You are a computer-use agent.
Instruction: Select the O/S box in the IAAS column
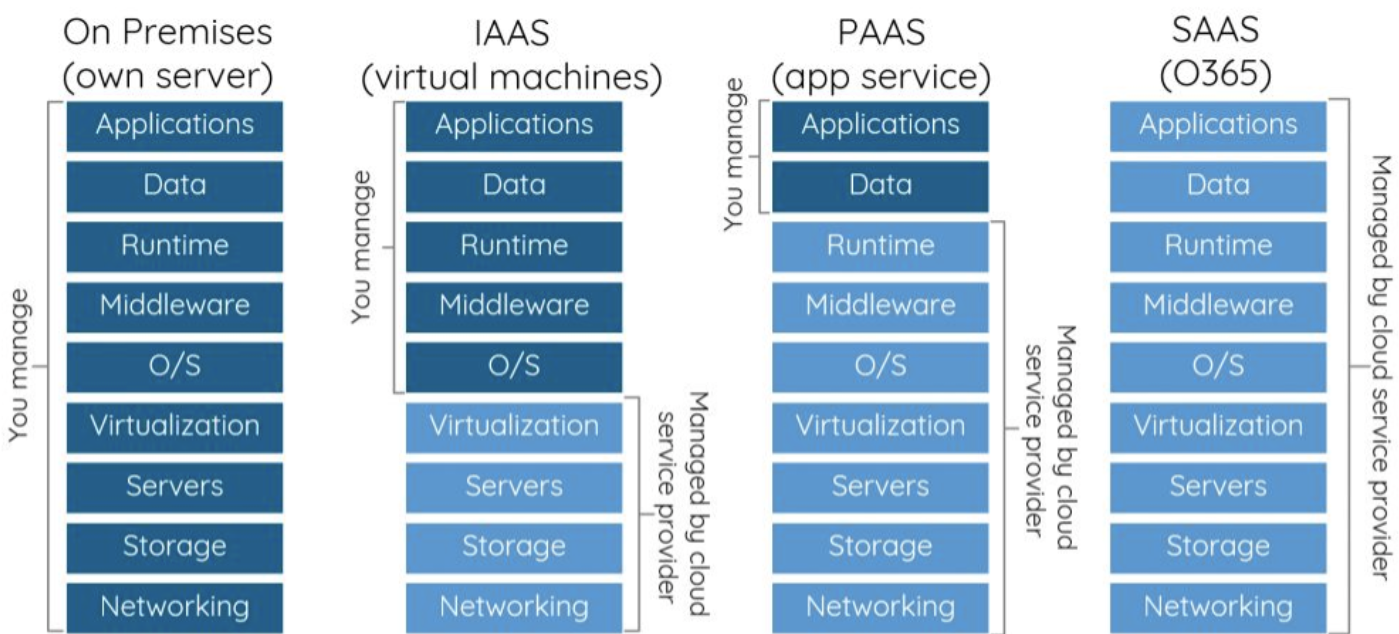(x=514, y=366)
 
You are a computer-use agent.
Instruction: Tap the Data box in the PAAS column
(x=880, y=186)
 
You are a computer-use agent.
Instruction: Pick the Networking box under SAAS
(x=1218, y=607)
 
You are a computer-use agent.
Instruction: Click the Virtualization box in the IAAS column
(x=514, y=426)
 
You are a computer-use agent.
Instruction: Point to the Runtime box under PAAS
(x=880, y=246)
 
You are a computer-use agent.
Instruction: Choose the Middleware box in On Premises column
(x=174, y=306)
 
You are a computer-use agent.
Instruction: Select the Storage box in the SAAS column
(x=1218, y=547)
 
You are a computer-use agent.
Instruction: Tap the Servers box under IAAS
(x=514, y=487)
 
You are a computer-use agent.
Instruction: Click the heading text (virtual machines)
(x=511, y=77)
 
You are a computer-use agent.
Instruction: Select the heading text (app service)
(x=881, y=77)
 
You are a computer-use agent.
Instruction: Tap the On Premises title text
(x=167, y=33)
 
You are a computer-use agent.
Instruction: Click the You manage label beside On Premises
(x=19, y=365)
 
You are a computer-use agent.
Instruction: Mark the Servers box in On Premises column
(x=174, y=487)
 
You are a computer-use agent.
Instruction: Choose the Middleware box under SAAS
(x=1218, y=306)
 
